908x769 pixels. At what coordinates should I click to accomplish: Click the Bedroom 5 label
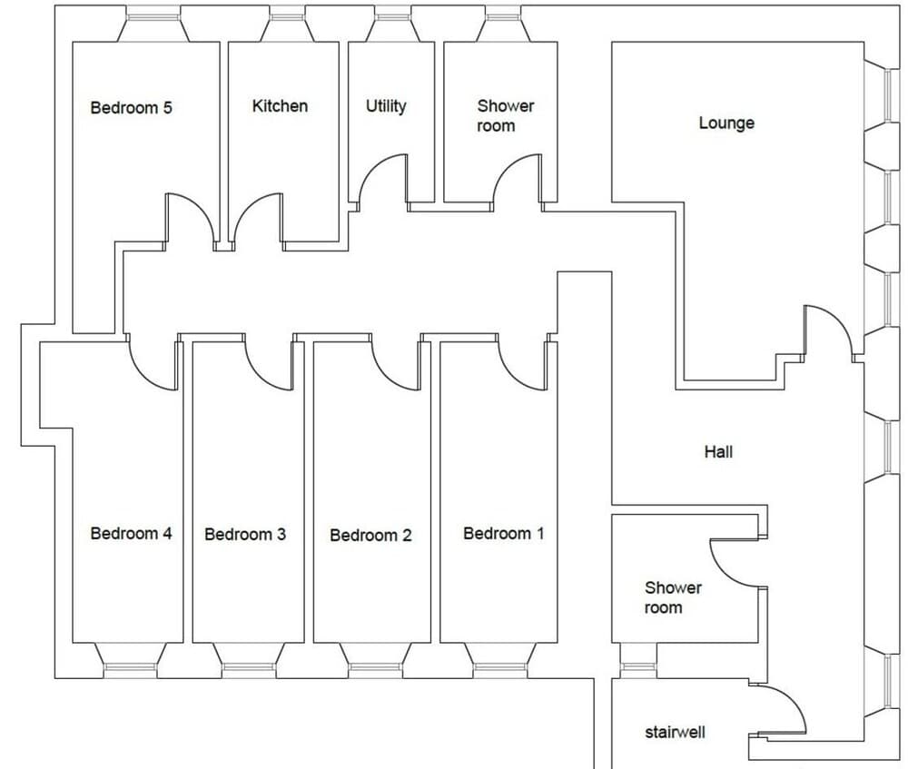[132, 108]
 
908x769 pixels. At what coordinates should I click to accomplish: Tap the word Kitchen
[280, 106]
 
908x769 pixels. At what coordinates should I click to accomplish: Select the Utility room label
[386, 106]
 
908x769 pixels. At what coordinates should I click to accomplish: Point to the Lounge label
[726, 123]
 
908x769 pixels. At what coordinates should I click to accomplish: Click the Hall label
[718, 451]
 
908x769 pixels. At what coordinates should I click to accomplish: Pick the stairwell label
[676, 733]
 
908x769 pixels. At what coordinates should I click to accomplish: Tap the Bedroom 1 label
[504, 533]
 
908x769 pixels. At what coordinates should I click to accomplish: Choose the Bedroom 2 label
[370, 535]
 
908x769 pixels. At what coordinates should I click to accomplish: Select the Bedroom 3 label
[245, 534]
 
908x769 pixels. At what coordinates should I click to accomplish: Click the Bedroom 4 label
[132, 533]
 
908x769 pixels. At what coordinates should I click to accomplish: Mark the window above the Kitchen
[287, 16]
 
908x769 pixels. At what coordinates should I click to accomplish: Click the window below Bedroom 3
[249, 668]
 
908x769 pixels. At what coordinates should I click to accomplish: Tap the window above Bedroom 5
[153, 16]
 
